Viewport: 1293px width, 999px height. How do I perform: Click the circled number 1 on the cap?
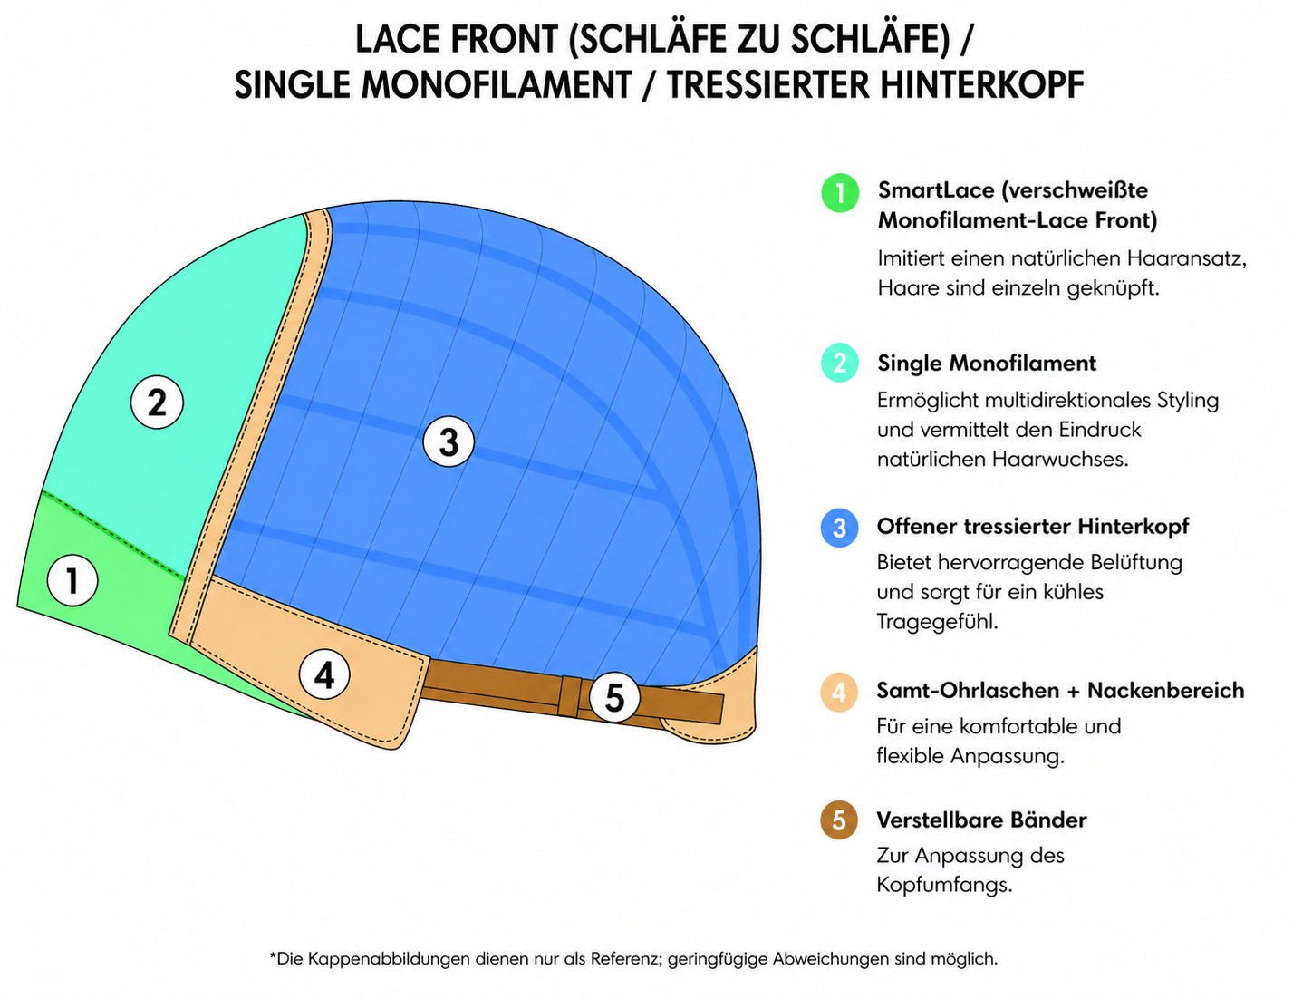click(x=72, y=580)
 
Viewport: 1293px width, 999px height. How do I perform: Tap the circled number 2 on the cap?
click(x=157, y=403)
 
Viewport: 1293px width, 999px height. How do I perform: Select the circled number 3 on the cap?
click(x=449, y=441)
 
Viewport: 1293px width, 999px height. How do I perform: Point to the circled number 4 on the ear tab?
click(x=324, y=674)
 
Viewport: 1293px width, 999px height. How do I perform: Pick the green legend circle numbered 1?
click(x=840, y=193)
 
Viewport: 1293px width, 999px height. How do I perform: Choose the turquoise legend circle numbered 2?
click(x=840, y=363)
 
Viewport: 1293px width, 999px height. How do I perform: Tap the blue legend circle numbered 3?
click(x=839, y=528)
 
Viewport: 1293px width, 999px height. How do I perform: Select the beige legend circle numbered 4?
click(x=839, y=692)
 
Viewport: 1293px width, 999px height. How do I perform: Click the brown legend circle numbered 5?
click(x=839, y=820)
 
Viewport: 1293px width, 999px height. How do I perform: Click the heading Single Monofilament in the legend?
click(x=987, y=364)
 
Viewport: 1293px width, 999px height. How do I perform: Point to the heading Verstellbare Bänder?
click(x=981, y=820)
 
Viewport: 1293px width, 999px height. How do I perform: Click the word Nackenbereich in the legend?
click(x=1165, y=691)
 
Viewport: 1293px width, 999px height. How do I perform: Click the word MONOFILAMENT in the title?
click(x=497, y=84)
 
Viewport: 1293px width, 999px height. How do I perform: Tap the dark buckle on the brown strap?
click(x=569, y=695)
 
